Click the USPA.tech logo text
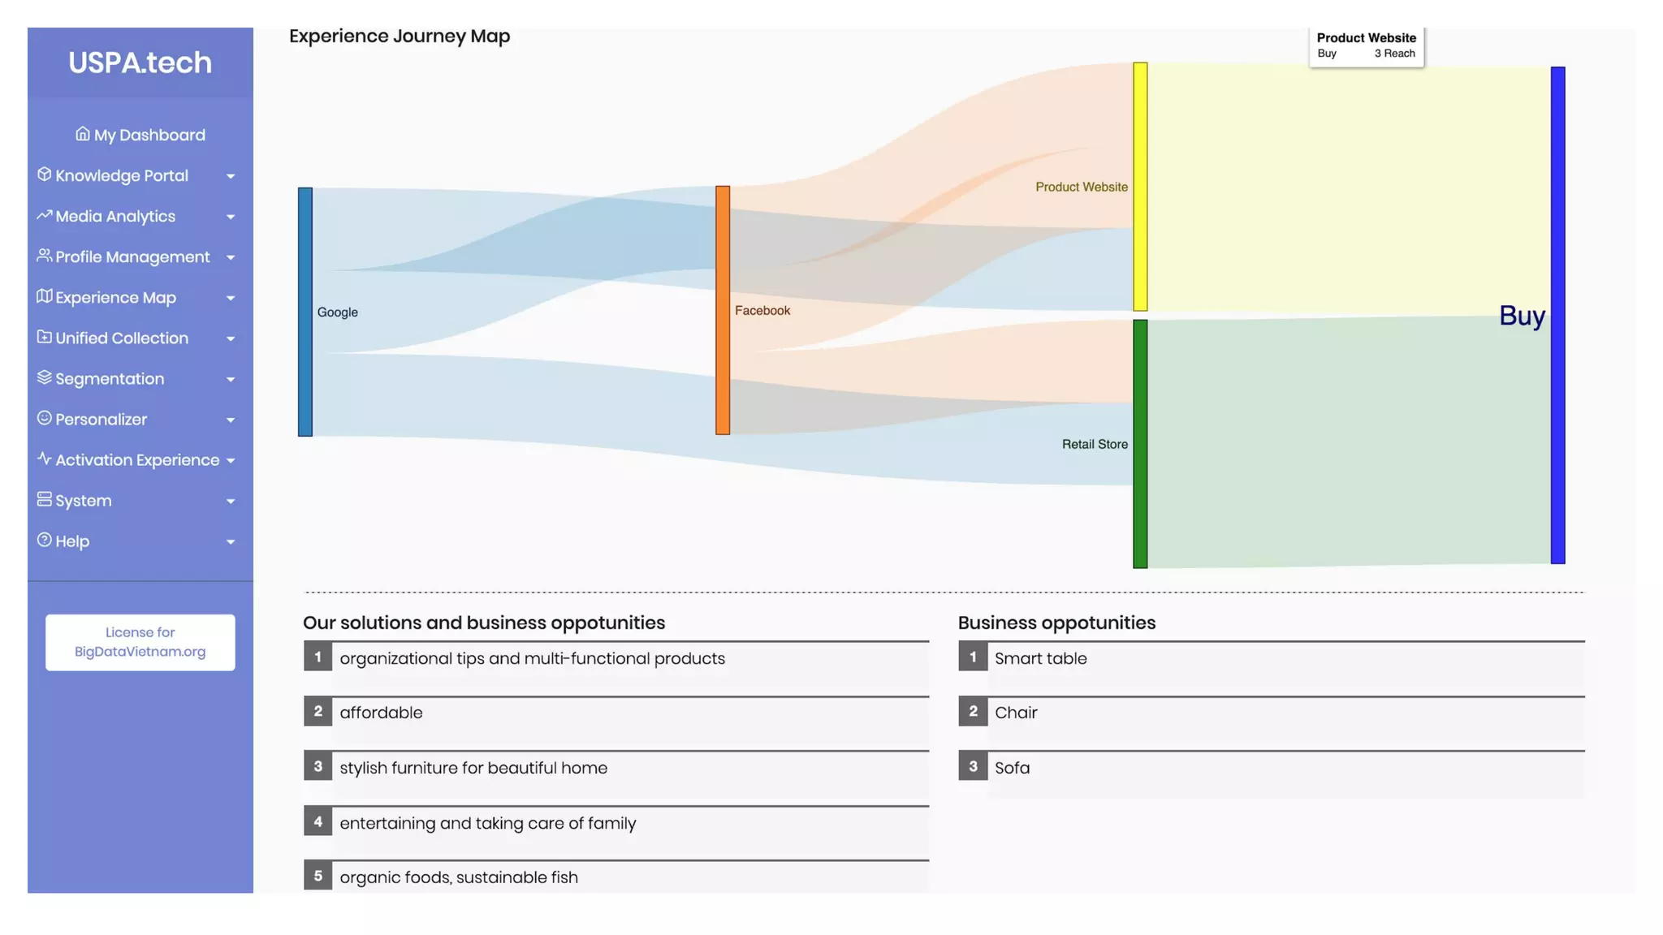[140, 62]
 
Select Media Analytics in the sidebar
[115, 217]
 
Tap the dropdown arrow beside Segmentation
[231, 380]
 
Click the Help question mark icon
[45, 541]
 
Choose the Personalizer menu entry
[101, 420]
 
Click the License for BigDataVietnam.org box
[140, 642]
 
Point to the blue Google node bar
[305, 312]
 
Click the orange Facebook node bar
[723, 310]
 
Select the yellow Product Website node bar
[1140, 187]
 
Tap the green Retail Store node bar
[1140, 444]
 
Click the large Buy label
[1522, 316]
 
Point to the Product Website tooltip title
[1366, 38]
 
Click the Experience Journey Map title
[400, 37]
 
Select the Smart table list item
[1040, 659]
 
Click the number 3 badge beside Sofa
[973, 766]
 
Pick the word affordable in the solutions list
[381, 713]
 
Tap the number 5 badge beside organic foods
[318, 876]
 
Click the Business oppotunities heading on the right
[1056, 623]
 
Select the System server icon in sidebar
[45, 499]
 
